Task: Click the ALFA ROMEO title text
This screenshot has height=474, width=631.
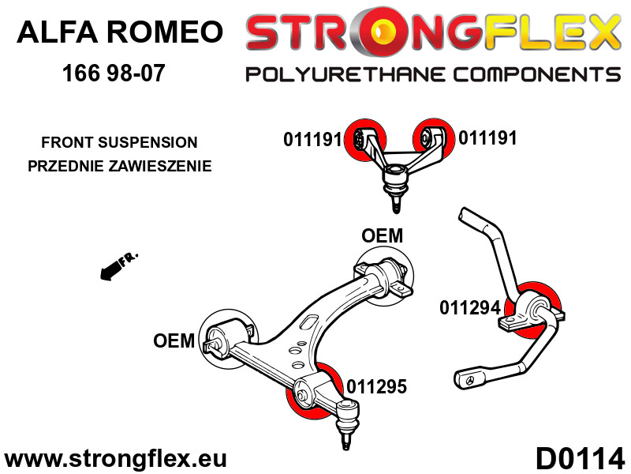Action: (x=120, y=32)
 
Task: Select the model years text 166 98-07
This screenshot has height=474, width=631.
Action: (x=114, y=73)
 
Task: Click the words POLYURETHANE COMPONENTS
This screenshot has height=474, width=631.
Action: (x=433, y=75)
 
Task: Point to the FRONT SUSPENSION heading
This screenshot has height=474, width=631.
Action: (x=120, y=142)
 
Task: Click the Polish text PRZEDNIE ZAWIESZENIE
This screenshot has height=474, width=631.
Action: (x=120, y=166)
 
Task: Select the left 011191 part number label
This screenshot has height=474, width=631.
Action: (x=312, y=140)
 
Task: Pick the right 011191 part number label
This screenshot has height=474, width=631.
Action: (x=487, y=138)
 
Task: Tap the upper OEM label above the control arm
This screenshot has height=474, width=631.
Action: (x=382, y=235)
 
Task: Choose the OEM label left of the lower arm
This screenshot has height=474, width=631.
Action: (x=174, y=341)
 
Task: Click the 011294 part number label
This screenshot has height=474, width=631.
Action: (x=470, y=308)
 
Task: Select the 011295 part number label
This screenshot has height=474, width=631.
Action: (x=377, y=387)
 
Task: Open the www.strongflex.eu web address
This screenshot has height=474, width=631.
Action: (x=115, y=460)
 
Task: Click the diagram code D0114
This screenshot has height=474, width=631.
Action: (x=580, y=458)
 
